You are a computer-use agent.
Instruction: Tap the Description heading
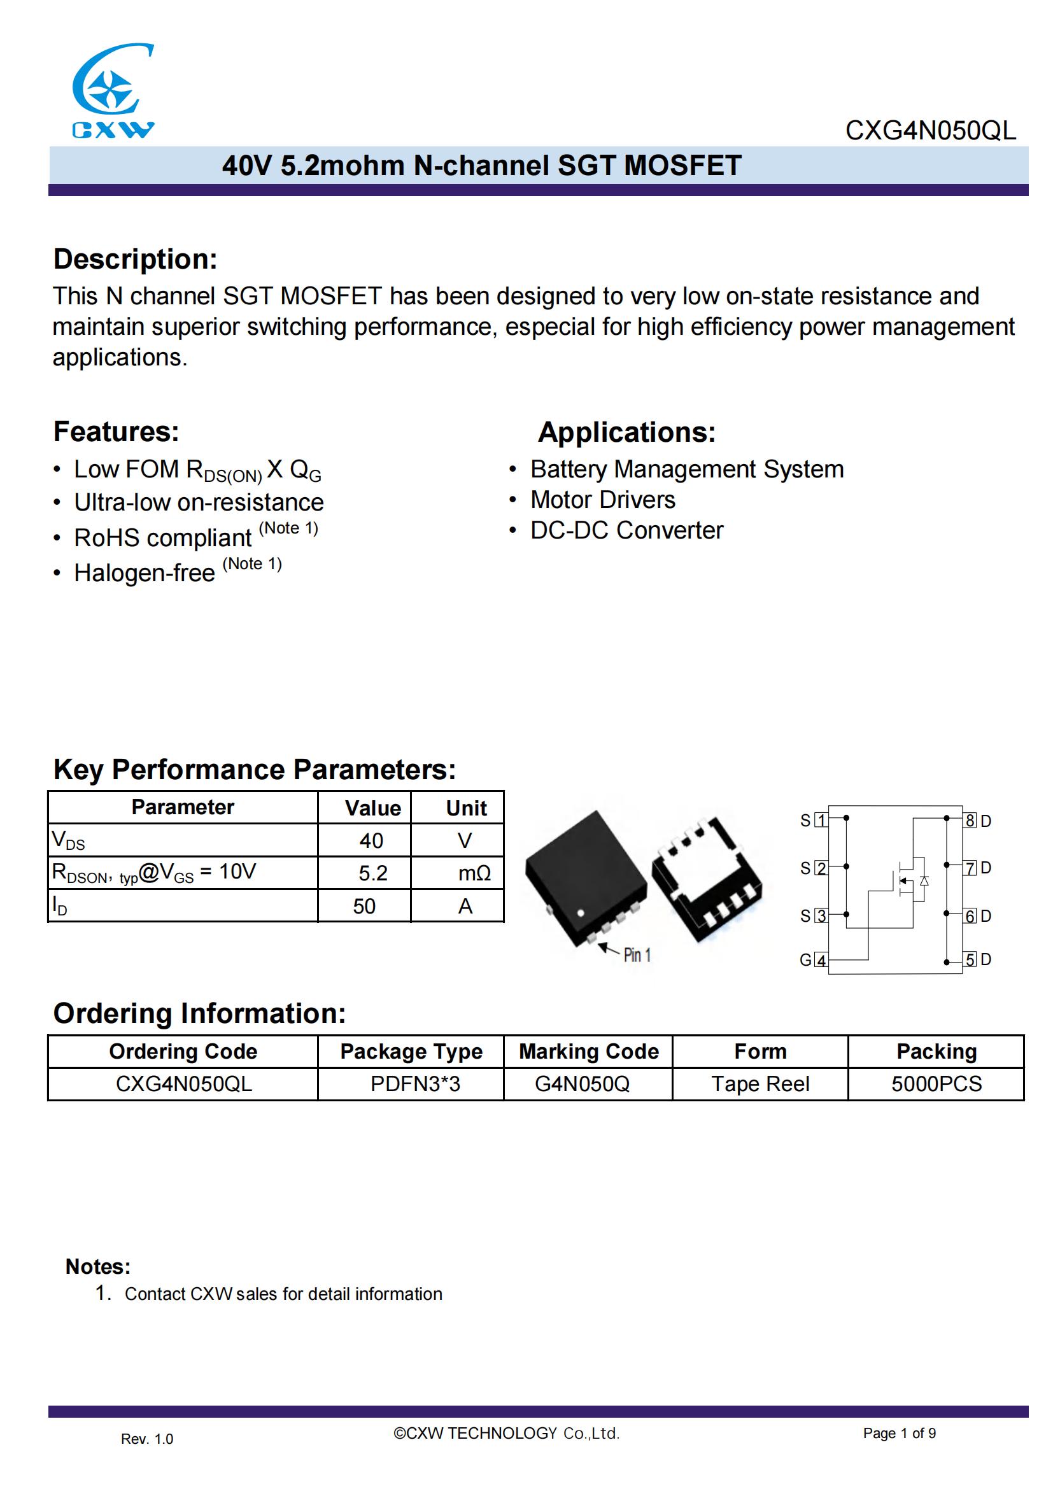135,258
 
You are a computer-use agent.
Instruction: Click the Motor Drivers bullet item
602,500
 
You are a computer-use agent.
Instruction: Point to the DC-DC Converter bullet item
626,530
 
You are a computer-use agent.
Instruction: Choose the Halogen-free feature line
145,573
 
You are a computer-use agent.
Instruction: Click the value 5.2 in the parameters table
373,873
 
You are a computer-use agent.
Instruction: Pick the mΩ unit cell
474,873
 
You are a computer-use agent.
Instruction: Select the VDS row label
68,840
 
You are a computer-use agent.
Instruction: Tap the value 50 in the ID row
364,906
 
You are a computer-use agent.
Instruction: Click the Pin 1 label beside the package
637,955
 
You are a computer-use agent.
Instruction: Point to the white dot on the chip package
581,913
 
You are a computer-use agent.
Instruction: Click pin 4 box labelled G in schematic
821,960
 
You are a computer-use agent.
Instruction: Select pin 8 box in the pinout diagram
970,821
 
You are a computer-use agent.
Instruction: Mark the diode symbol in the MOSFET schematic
924,880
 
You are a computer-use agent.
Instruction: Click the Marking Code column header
589,1051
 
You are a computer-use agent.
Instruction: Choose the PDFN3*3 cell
415,1083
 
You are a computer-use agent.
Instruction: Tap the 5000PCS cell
936,1083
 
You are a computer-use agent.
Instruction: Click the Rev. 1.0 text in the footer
147,1439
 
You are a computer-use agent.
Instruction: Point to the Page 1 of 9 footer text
900,1433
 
